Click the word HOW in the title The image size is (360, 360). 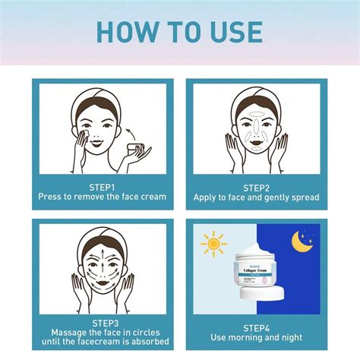(x=128, y=32)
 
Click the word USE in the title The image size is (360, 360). (x=233, y=32)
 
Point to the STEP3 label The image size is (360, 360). (x=102, y=321)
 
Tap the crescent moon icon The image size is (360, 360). (x=302, y=242)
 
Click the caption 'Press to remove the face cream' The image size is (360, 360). (x=102, y=197)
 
